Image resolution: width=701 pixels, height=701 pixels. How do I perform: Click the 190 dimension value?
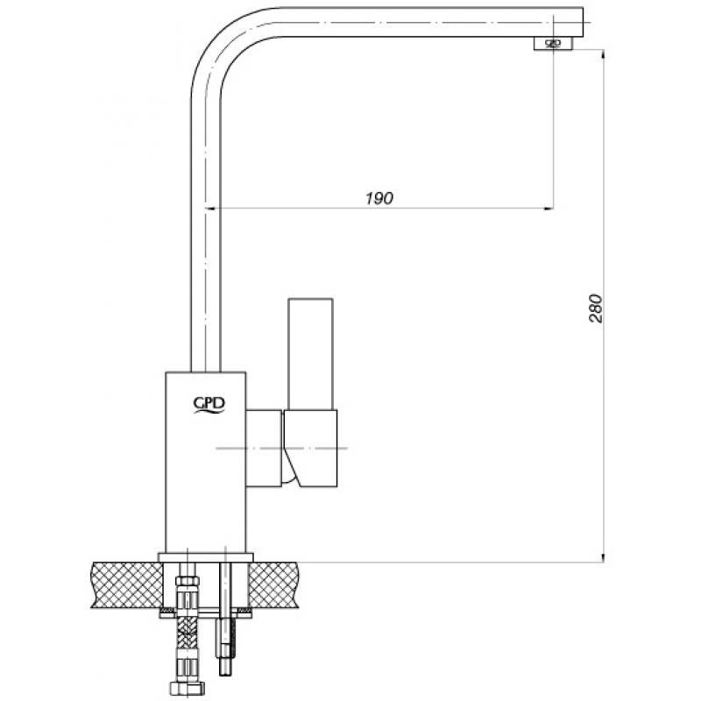tap(379, 198)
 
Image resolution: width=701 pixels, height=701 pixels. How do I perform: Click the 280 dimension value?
tap(596, 308)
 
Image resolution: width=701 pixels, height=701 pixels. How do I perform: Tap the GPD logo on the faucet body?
tap(209, 405)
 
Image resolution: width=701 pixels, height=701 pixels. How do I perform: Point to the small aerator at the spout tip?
tap(553, 43)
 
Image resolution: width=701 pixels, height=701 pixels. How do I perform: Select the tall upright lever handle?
tap(310, 354)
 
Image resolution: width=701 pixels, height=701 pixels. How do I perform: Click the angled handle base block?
tap(310, 448)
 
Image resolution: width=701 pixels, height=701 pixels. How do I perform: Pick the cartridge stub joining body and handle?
tap(265, 448)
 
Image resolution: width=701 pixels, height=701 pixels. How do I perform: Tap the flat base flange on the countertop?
tap(206, 557)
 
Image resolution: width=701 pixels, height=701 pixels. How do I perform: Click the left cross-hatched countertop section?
tap(127, 584)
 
